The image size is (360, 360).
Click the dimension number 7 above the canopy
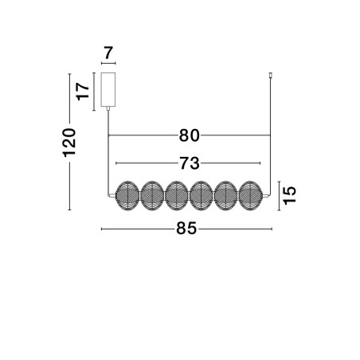tap(108, 53)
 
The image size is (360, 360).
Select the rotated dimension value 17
tap(83, 92)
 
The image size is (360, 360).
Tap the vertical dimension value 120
tap(69, 143)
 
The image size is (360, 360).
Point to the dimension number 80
tap(189, 135)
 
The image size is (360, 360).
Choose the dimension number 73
tap(190, 163)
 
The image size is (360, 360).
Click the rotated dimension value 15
tap(289, 196)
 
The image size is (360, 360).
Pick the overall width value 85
tap(186, 229)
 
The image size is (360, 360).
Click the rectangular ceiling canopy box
tap(108, 89)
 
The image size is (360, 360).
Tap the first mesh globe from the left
tap(127, 196)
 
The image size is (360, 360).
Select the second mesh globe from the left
tap(152, 196)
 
